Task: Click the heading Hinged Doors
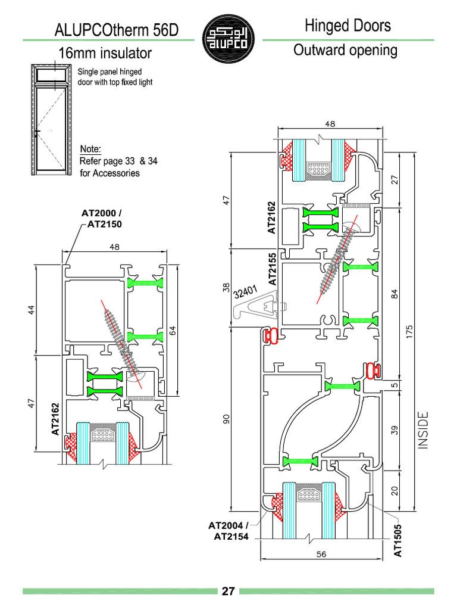(x=348, y=26)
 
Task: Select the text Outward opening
(x=345, y=50)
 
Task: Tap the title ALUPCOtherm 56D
(x=116, y=30)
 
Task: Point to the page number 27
(x=228, y=591)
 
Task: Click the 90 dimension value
(x=226, y=419)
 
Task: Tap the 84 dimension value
(x=395, y=294)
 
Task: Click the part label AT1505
(x=399, y=541)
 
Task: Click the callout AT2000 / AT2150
(x=102, y=218)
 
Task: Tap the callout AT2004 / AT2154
(x=228, y=531)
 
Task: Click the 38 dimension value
(x=226, y=287)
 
